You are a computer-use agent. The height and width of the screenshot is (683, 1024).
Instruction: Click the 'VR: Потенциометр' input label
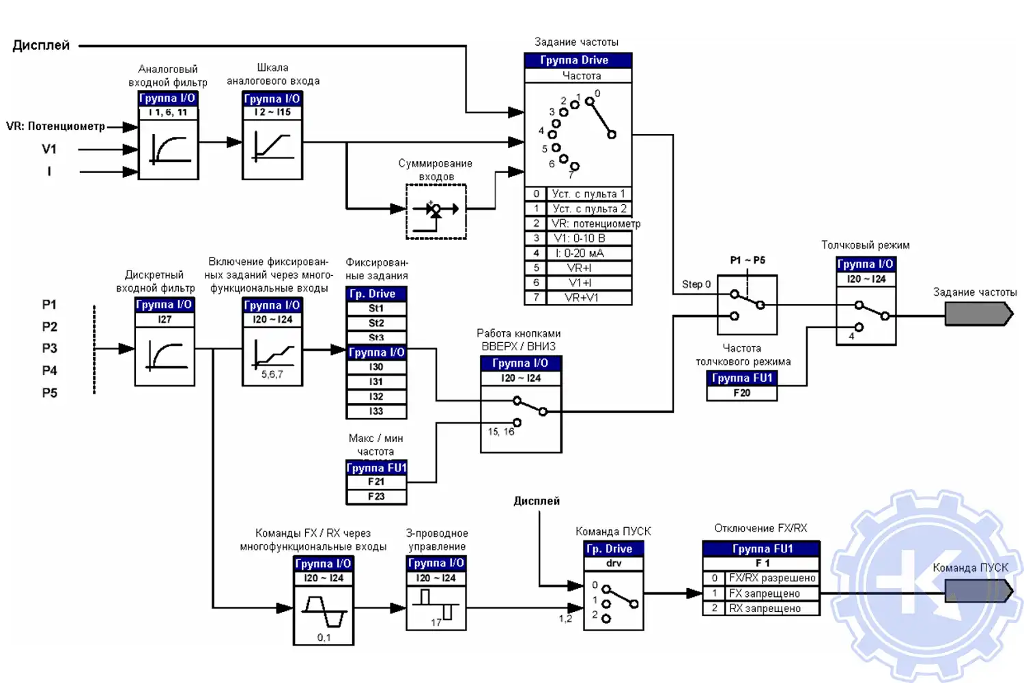55,126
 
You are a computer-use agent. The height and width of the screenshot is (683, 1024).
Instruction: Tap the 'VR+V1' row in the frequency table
581,298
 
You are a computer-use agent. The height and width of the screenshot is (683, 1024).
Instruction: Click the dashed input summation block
436,211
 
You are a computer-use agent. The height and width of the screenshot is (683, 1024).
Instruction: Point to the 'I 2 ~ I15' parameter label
272,112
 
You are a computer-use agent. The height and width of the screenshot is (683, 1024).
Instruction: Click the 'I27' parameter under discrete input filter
165,319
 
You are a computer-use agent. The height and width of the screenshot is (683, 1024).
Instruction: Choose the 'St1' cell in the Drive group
376,309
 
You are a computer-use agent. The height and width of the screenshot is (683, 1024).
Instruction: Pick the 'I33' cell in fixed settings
376,411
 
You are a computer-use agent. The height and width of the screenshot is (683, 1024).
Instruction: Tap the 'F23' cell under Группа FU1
376,497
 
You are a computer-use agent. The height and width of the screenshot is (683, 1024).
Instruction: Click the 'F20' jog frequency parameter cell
741,393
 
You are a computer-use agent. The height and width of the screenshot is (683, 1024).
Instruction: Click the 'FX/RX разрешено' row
771,578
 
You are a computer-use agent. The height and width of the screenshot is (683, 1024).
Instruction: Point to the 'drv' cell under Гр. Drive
614,563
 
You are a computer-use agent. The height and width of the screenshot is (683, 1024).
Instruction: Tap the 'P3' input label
50,348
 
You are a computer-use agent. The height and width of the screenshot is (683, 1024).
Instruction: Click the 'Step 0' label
696,284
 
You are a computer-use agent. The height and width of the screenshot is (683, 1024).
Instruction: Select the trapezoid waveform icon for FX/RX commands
324,611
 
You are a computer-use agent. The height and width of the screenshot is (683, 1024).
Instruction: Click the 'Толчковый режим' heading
865,245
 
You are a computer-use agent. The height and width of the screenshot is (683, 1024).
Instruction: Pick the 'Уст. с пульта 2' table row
588,209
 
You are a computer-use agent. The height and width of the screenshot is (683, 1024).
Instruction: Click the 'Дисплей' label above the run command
537,501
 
